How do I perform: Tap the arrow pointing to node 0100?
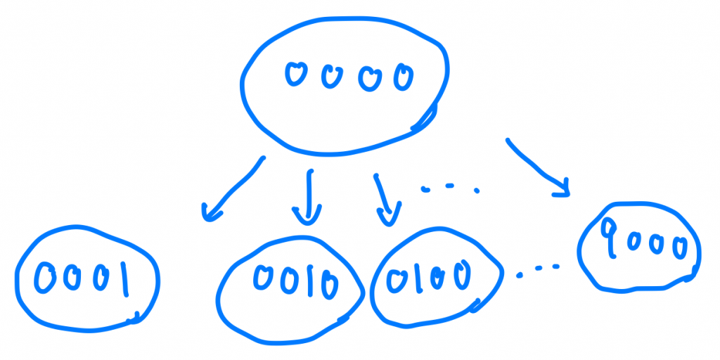384,199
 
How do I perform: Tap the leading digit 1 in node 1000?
609,236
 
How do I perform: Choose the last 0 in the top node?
403,77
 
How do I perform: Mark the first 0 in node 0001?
46,278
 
